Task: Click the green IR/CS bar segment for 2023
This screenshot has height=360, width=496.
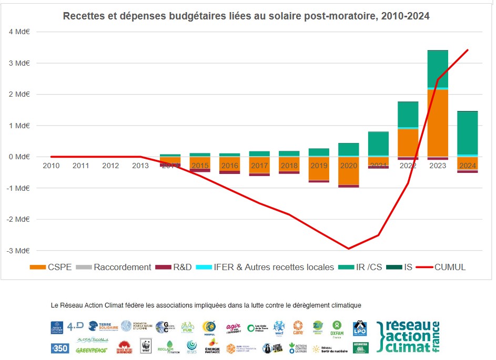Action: (438, 69)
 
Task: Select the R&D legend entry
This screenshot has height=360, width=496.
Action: (176, 267)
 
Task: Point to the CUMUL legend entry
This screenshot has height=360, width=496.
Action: (441, 267)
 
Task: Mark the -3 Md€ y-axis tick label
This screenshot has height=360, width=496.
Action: (18, 251)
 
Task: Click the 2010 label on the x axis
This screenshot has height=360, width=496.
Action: (51, 166)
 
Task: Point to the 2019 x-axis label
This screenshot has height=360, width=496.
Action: (319, 166)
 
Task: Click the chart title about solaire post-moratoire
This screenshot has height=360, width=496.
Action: (246, 16)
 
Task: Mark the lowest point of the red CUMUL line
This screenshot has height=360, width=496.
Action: (348, 249)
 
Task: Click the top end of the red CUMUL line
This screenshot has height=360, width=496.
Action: (468, 50)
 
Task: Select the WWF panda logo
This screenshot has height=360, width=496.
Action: (146, 346)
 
